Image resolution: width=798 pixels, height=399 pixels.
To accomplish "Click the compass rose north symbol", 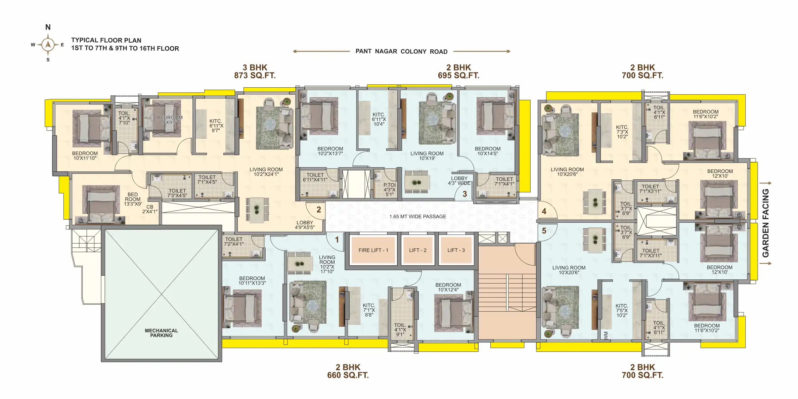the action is pos(48,27).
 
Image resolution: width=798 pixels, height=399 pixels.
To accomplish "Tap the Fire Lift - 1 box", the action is pos(373,250).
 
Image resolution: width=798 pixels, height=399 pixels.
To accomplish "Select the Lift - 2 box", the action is pos(417,250).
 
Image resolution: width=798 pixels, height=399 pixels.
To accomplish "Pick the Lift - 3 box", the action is pos(456,250).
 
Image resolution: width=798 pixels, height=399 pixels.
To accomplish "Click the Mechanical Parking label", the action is pos(161,333).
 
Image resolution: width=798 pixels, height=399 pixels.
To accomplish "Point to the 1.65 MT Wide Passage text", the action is pos(418,217).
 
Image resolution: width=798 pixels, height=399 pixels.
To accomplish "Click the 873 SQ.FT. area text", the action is pos(255,76).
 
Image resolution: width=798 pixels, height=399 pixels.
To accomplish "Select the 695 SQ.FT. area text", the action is pos(458,76).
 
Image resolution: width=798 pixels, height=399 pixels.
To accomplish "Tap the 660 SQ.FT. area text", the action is pos(348,375).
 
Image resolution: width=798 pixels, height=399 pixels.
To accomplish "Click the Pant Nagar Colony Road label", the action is pos(401,51).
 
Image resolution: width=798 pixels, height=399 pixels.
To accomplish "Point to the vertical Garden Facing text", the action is pos(765,223).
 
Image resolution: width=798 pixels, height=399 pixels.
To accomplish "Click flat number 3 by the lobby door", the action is pos(465,194).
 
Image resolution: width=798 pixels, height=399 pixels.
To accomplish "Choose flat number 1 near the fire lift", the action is pos(337,239).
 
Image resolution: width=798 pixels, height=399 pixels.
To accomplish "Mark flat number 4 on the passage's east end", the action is pos(544,211).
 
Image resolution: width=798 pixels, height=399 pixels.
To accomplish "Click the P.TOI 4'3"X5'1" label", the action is pos(390,189).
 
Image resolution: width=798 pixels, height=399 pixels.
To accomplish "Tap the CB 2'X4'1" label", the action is pos(150,209).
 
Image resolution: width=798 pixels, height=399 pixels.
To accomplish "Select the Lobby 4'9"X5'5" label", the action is pos(305,225).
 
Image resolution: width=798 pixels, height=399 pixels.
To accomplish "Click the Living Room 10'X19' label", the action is pos(427,156).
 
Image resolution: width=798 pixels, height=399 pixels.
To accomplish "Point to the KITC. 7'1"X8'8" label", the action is pos(369,310).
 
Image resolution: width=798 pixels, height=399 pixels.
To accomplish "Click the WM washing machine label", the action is pos(606,335).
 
